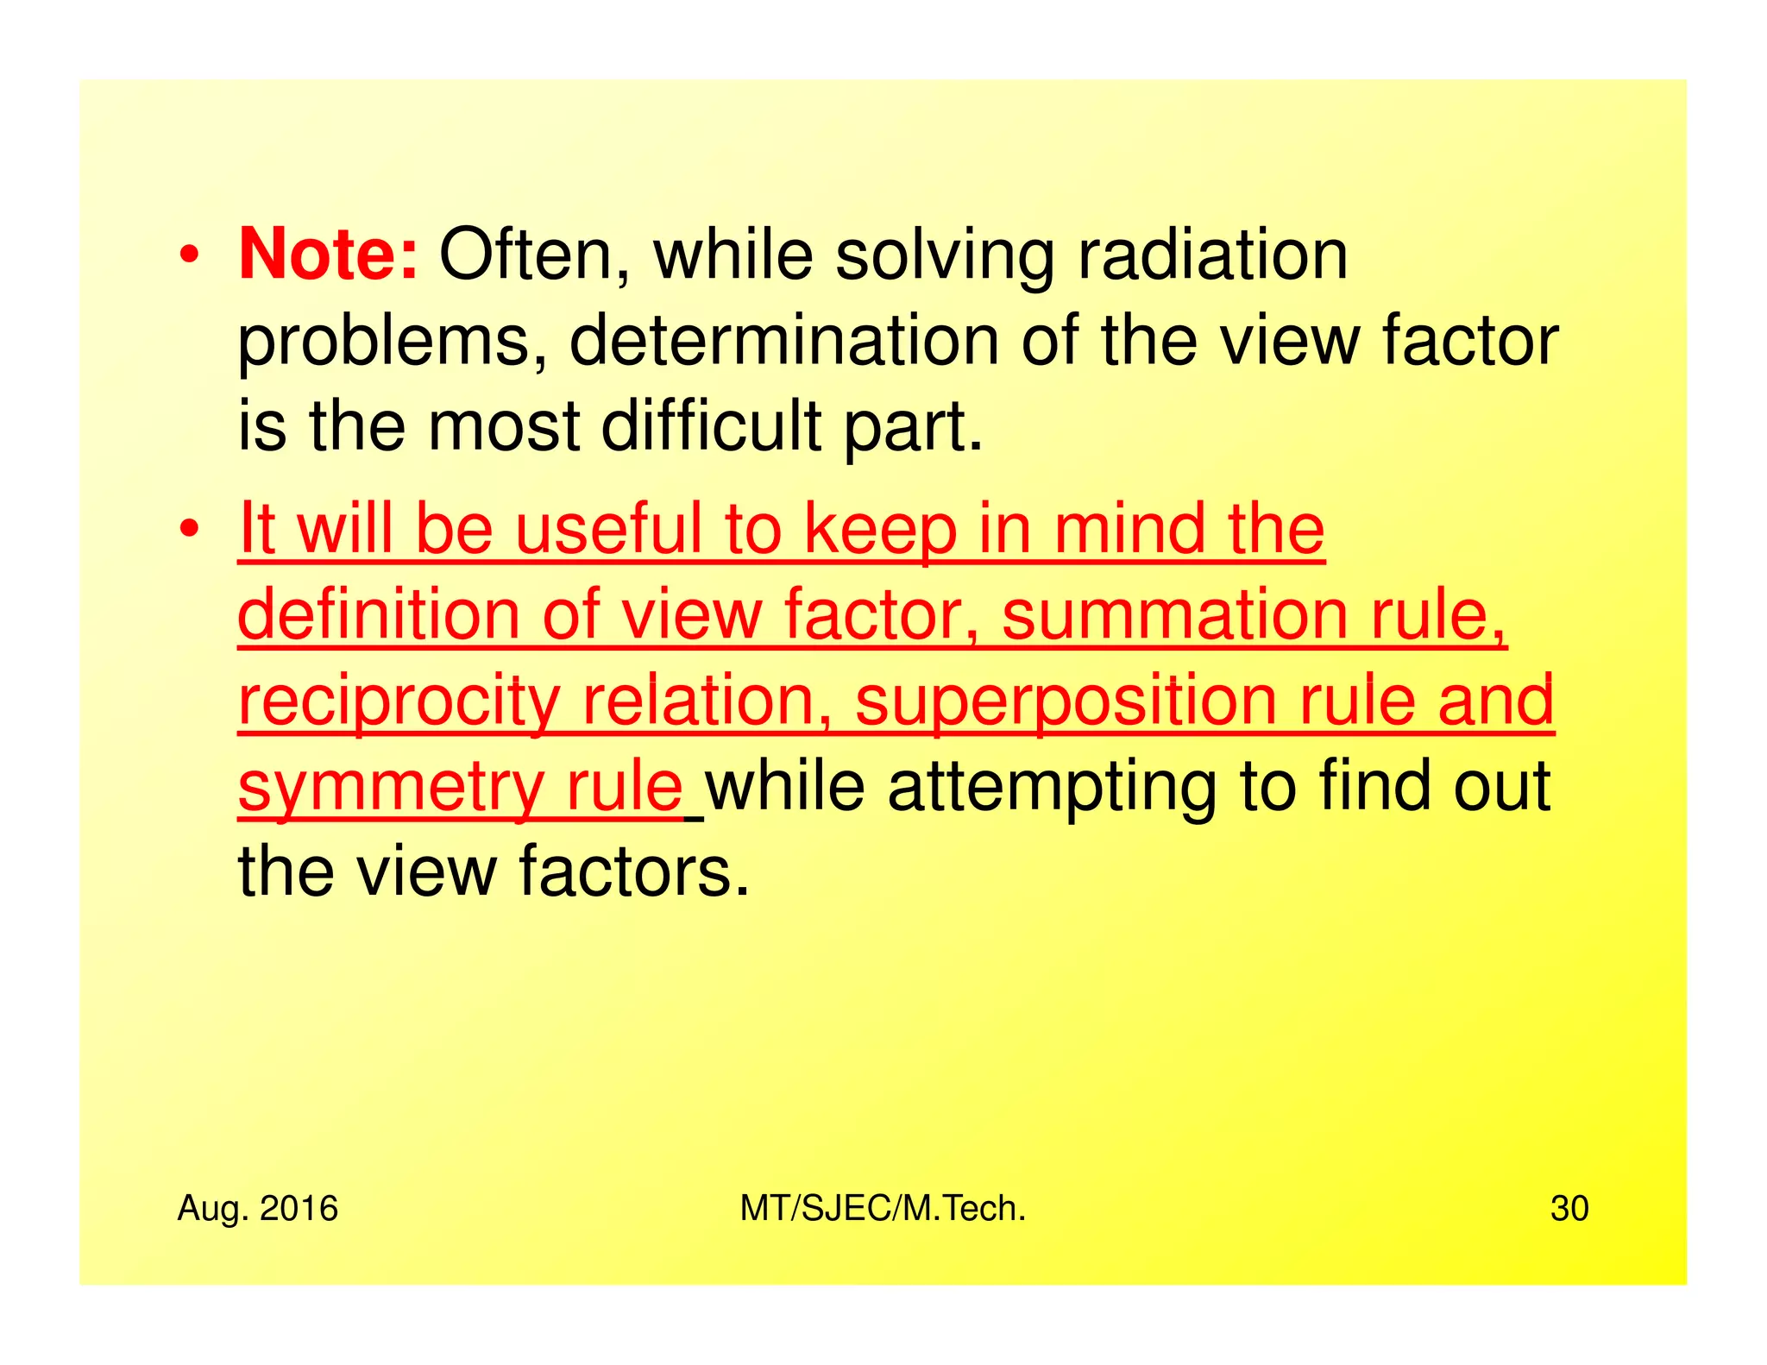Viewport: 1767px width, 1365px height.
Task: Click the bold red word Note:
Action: [328, 255]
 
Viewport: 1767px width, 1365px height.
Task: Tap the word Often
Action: [536, 255]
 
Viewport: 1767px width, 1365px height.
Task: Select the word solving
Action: [944, 256]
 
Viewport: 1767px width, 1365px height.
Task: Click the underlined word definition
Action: [379, 614]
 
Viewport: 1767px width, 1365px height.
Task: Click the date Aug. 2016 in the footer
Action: [257, 1209]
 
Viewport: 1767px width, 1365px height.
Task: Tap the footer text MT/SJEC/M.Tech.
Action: [883, 1209]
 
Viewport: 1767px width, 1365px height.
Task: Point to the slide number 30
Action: [1569, 1209]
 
